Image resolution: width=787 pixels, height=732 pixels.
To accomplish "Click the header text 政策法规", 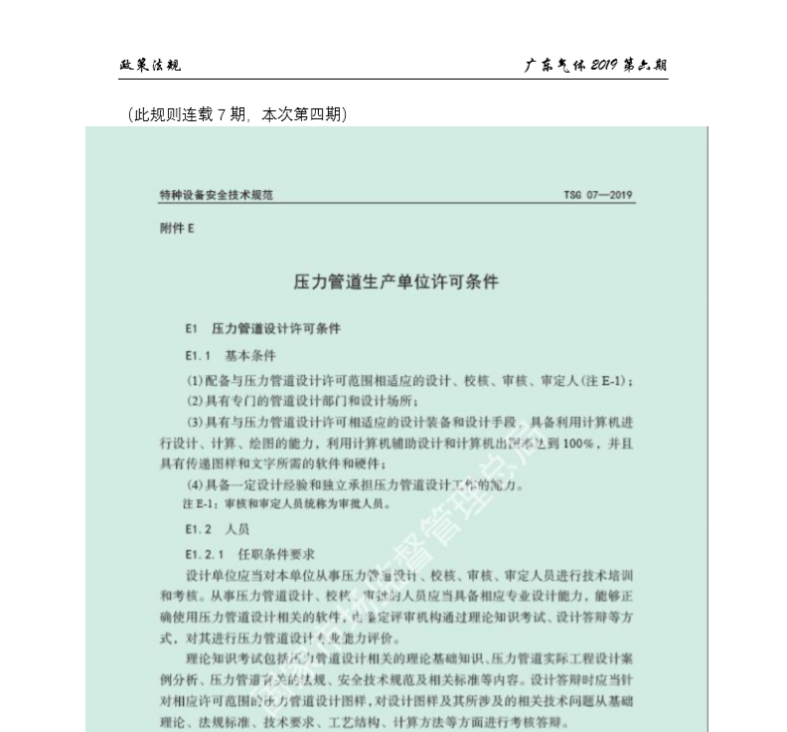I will click(x=149, y=66).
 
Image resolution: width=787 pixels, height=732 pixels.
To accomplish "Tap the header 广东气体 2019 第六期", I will click(x=595, y=66).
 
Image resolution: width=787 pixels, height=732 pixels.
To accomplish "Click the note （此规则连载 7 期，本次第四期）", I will click(x=237, y=115).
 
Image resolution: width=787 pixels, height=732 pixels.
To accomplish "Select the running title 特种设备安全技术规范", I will click(x=216, y=195).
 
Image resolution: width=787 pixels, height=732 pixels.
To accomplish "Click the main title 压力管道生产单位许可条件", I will click(x=395, y=281).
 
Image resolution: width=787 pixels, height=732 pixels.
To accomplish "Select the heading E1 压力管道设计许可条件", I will click(x=262, y=328).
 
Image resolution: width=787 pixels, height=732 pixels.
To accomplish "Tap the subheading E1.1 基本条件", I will click(x=230, y=355).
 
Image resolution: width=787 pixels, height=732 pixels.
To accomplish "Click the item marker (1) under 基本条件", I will click(x=195, y=381).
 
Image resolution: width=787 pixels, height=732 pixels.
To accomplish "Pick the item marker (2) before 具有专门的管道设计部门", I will click(x=195, y=401).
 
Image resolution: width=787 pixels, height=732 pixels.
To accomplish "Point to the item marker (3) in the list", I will click(x=195, y=422).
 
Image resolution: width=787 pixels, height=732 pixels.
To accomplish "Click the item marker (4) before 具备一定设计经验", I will click(x=195, y=485).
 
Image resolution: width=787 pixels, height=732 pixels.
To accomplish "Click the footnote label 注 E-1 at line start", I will click(x=177, y=504).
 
